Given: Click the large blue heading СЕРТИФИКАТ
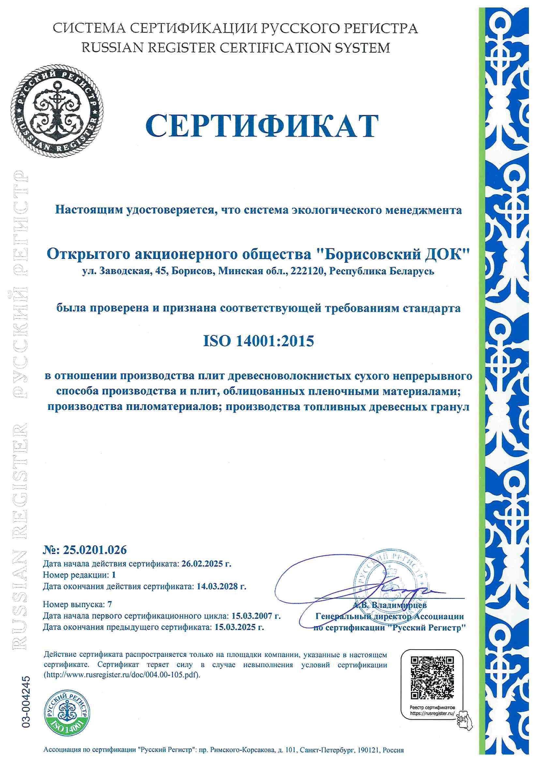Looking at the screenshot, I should pyautogui.click(x=262, y=126).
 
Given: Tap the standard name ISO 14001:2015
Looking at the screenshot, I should pyautogui.click(x=258, y=341).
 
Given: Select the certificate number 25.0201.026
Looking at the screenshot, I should pyautogui.click(x=93, y=550).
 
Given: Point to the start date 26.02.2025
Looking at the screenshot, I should pyautogui.click(x=203, y=564).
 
